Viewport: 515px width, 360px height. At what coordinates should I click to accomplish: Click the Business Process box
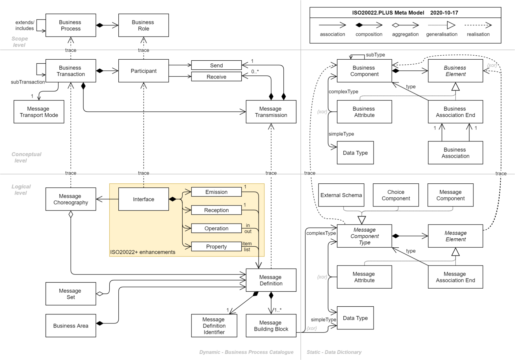coord(70,25)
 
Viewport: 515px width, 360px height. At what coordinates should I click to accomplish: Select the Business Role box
coord(144,25)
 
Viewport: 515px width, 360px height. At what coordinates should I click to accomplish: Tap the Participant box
coord(144,71)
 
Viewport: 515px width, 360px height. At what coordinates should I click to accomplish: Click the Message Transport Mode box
coord(39,112)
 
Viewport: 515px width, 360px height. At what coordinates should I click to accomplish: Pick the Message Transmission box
coord(271,112)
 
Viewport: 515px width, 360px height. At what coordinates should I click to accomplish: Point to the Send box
coord(216,65)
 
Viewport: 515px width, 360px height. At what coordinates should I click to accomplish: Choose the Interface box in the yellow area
coord(144,199)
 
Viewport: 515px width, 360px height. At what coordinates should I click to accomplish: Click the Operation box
coord(216,228)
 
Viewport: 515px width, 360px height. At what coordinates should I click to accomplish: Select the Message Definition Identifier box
coord(214,325)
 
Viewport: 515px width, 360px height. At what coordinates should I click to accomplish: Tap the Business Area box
coord(70,325)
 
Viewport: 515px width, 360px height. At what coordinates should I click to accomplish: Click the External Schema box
coord(341,195)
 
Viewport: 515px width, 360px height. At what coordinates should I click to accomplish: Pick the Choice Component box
coord(396,195)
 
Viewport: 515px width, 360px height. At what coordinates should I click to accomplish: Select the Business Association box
coord(455,153)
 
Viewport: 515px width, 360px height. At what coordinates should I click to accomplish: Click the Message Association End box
coord(455,277)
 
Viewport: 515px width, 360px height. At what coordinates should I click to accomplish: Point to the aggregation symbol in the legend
coord(405,25)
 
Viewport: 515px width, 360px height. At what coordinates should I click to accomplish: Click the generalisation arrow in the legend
coord(442,25)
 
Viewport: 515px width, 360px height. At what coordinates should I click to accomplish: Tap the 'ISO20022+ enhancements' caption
coord(142,252)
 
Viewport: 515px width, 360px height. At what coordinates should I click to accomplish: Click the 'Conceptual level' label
coord(26,157)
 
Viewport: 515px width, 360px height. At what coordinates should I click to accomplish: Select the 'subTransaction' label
coord(28,82)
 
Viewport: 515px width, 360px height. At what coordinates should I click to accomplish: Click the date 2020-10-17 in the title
coord(444,13)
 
